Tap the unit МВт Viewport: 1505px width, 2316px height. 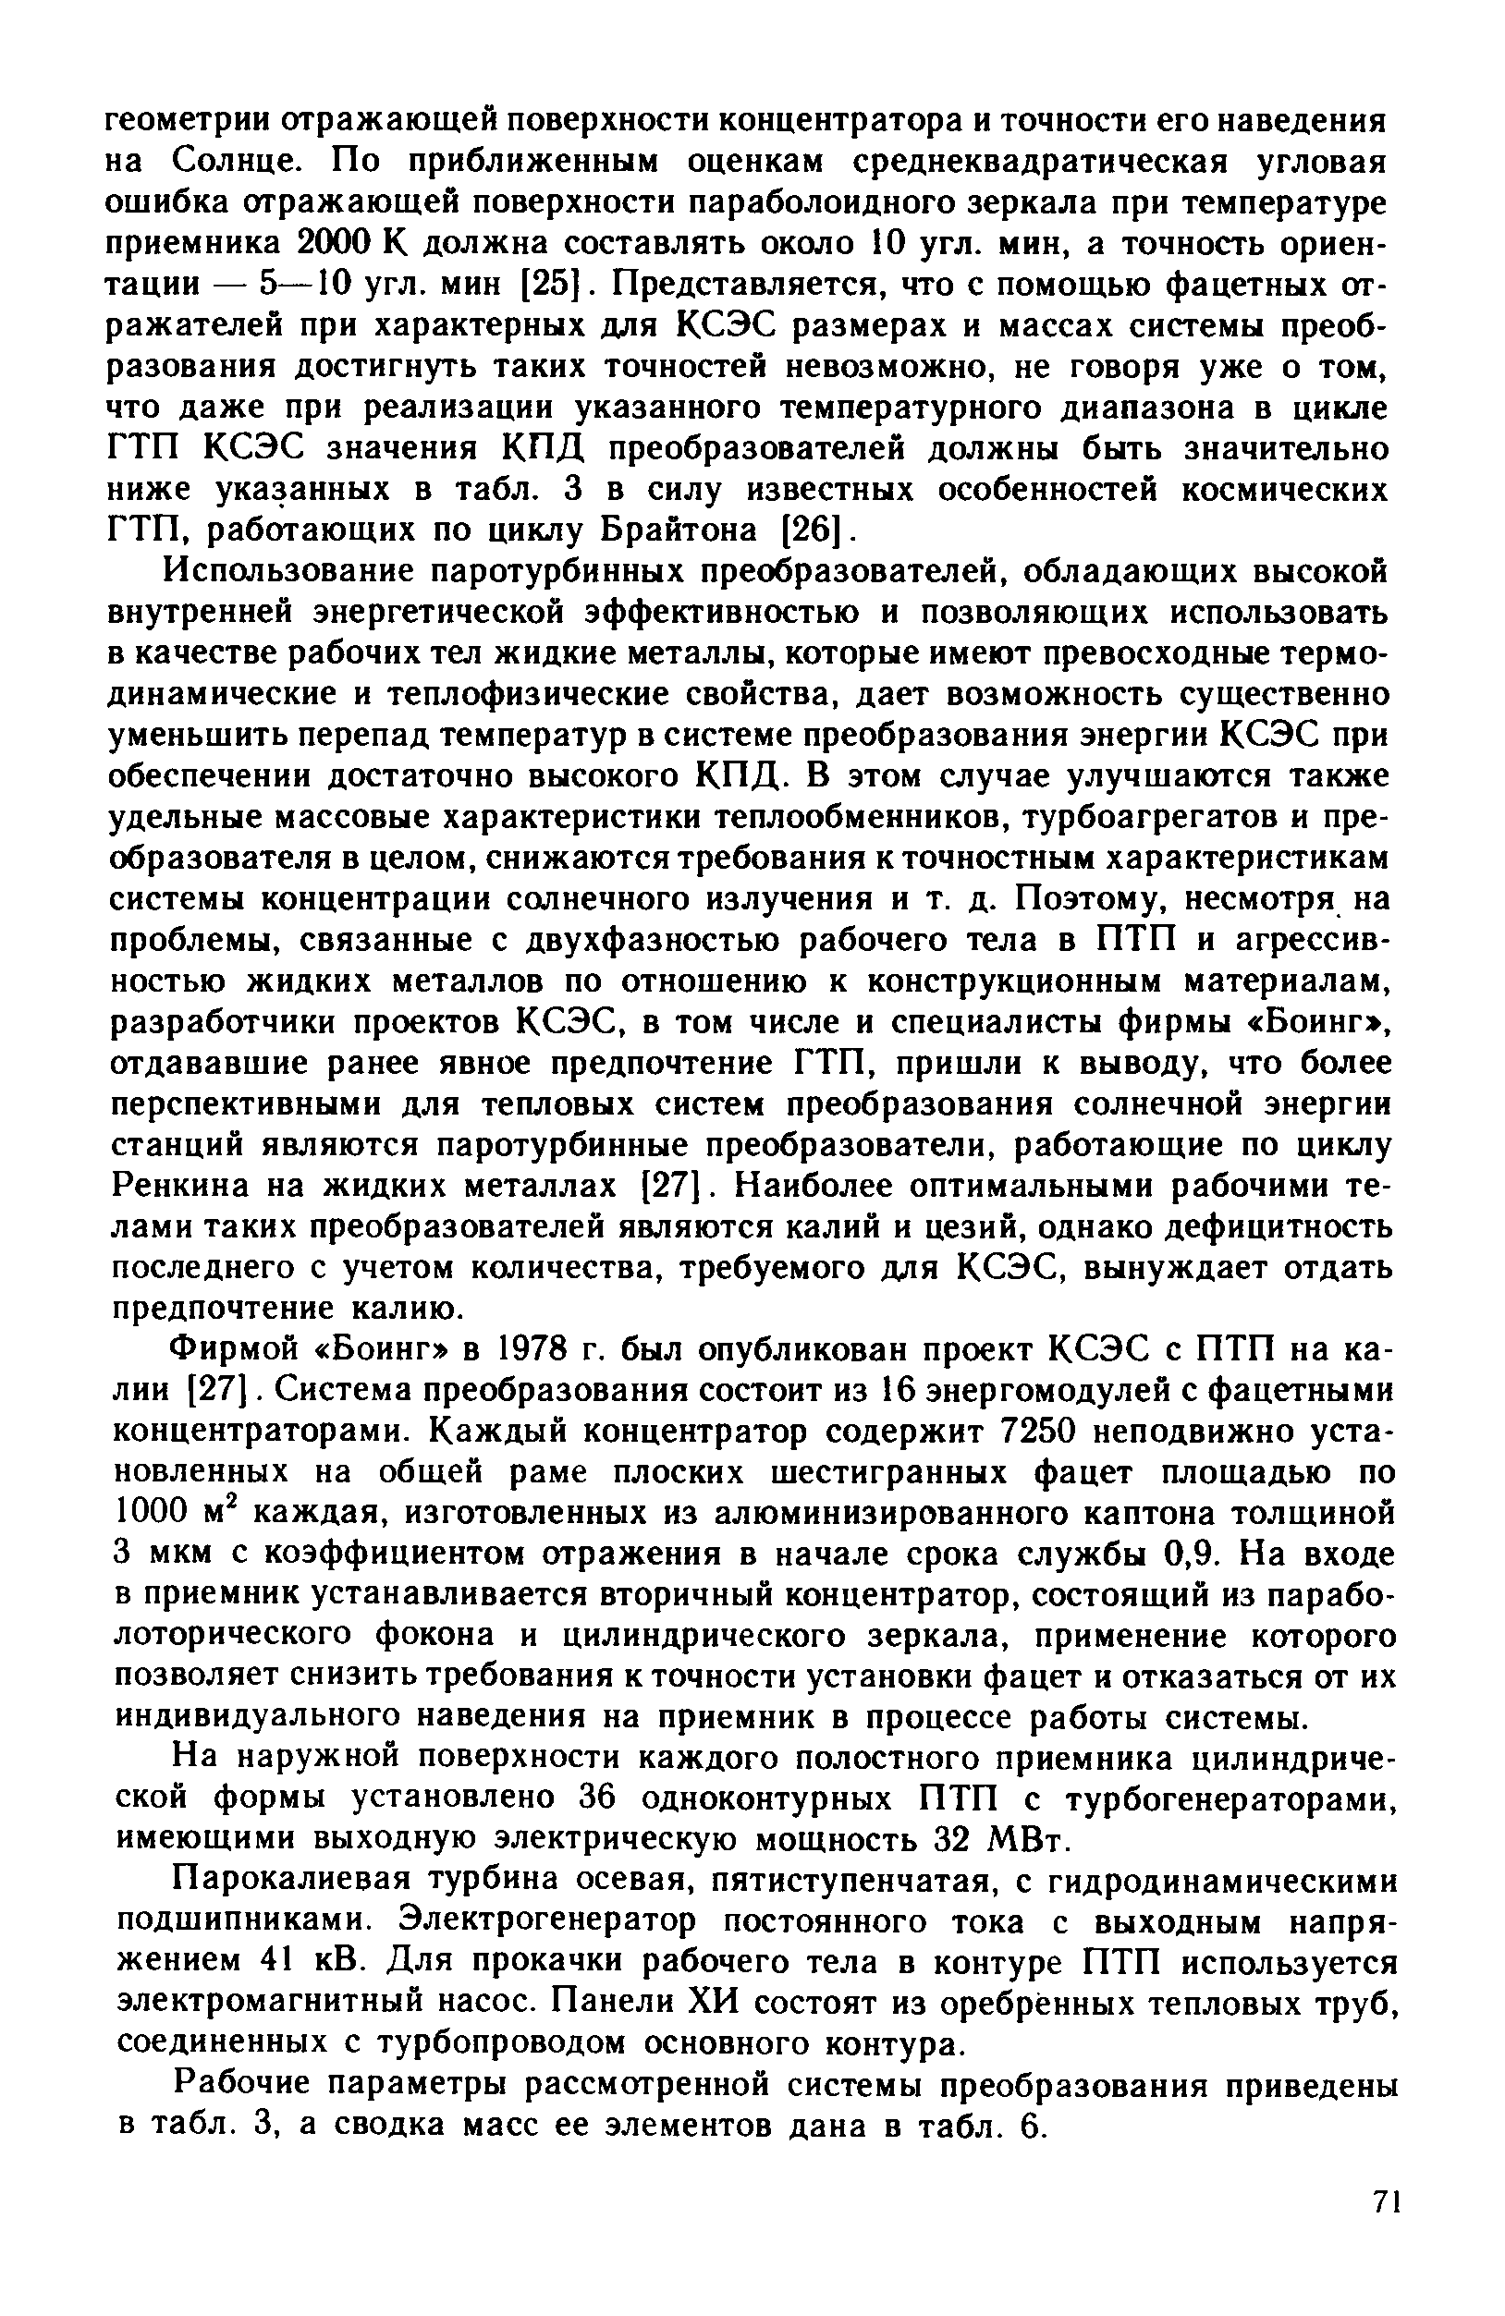tap(1027, 1840)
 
